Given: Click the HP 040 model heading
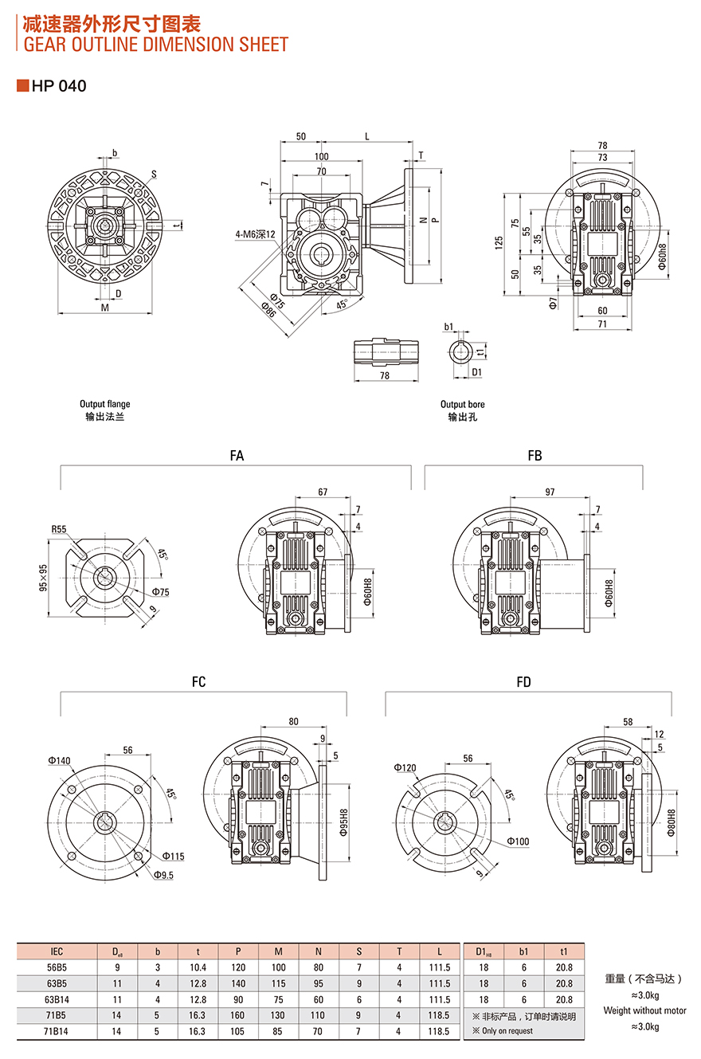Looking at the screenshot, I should (x=58, y=86).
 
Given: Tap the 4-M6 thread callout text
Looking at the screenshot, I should (x=255, y=234).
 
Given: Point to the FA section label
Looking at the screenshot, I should (x=237, y=456).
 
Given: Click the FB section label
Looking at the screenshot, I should (x=535, y=456).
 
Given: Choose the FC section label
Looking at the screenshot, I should (x=198, y=681).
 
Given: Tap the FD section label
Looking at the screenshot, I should (x=523, y=681).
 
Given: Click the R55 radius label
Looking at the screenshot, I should (x=59, y=529).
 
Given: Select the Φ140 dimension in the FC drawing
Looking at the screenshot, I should (x=59, y=761).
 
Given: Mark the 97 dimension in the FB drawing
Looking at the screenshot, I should (x=550, y=492).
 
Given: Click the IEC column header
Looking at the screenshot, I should (x=57, y=951).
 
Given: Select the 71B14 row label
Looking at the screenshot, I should (x=57, y=1031).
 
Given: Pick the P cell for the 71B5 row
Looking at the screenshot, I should (x=238, y=1015).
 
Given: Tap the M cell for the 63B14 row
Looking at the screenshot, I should (x=279, y=999).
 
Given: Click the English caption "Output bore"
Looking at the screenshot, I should (x=463, y=404).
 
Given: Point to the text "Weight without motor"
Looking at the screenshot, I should (x=645, y=1010).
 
